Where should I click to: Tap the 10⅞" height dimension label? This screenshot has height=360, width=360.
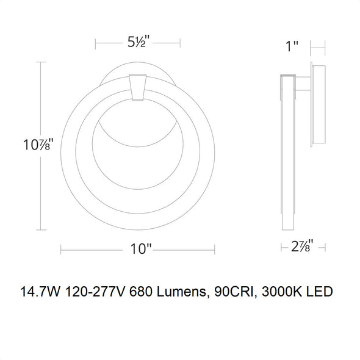pos(38,145)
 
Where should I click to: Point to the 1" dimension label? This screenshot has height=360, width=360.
pos(292,46)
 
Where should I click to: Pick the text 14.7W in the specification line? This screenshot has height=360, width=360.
pos(41,292)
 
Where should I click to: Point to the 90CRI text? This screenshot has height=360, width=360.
pos(236,292)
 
